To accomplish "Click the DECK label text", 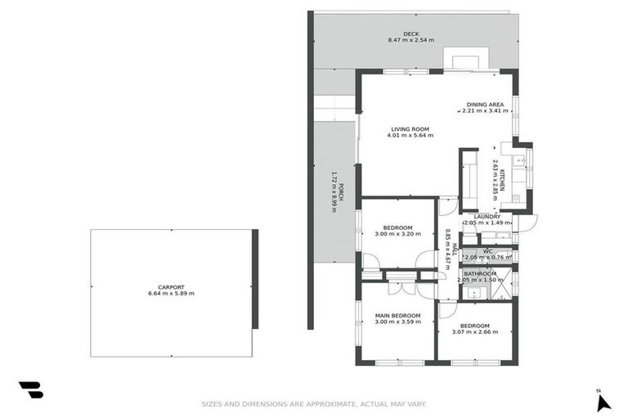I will point(410,34).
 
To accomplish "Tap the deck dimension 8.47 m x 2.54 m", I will point(410,40).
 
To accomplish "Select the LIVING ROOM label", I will point(410,128).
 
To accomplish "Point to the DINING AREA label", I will point(485,105).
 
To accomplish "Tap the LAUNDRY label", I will point(487,217).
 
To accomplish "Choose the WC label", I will point(487,251).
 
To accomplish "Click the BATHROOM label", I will point(480,274).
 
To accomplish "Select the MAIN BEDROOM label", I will point(397,316).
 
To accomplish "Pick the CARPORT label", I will point(171,287).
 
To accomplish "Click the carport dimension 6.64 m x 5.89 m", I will point(171,294).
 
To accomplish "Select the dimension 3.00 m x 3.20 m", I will point(397,234).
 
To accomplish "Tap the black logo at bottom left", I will point(31,390).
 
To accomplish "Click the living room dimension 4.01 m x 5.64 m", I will point(410,135).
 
